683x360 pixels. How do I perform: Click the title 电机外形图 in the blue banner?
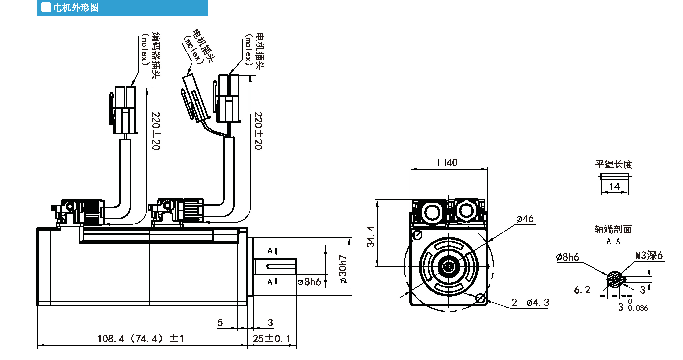pyautogui.click(x=76, y=8)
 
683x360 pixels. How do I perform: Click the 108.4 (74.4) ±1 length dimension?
pyautogui.click(x=141, y=338)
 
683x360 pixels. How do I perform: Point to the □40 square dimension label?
pyautogui.click(x=448, y=162)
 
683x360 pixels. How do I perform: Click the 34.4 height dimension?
pyautogui.click(x=370, y=236)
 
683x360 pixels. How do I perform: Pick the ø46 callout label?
pyautogui.click(x=525, y=219)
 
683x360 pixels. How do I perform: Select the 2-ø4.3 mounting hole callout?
pyautogui.click(x=530, y=302)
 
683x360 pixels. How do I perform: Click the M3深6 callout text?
pyautogui.click(x=649, y=255)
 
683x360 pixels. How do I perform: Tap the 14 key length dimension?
pyautogui.click(x=614, y=187)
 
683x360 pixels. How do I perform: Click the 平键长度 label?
pyautogui.click(x=614, y=164)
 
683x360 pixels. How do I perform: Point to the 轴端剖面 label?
pyautogui.click(x=613, y=229)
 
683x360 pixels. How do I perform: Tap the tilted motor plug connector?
pyautogui.click(x=196, y=98)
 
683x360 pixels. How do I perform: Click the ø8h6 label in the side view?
pyautogui.click(x=309, y=282)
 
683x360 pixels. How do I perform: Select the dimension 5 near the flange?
pyautogui.click(x=220, y=323)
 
